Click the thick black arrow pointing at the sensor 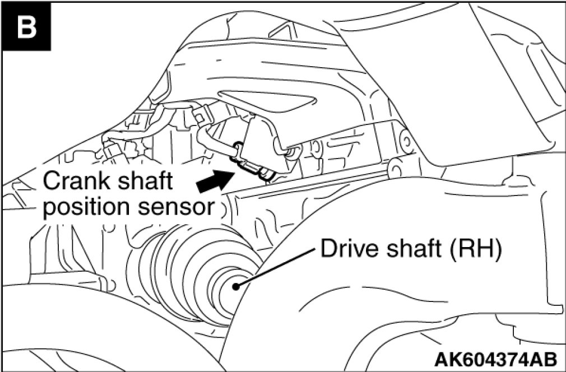pyautogui.click(x=216, y=180)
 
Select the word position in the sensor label pyautogui.click(x=87, y=208)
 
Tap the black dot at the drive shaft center pyautogui.click(x=236, y=286)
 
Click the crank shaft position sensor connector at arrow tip pyautogui.click(x=253, y=168)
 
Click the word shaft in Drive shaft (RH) pyautogui.click(x=414, y=249)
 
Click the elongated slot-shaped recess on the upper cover pyautogui.click(x=267, y=101)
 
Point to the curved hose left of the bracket pyautogui.click(x=216, y=143)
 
